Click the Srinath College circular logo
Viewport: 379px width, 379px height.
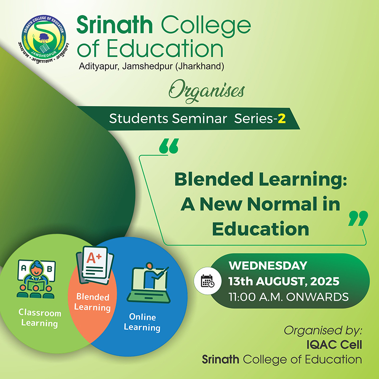44,38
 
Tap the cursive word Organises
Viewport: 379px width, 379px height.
207,91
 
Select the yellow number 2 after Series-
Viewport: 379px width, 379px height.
282,119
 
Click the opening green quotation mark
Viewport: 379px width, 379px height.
169,146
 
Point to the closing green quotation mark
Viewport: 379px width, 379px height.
358,218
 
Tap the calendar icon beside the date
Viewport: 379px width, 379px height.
208,281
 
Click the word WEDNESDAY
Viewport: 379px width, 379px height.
268,266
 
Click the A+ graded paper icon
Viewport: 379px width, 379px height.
95,265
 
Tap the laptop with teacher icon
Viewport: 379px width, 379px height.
149,283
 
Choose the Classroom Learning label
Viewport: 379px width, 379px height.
40,318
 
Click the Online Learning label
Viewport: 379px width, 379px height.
142,322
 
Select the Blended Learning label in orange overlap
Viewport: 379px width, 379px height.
92,302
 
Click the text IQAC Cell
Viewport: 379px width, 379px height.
334,345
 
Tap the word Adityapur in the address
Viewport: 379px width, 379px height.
99,66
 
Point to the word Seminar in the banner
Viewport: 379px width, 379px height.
200,119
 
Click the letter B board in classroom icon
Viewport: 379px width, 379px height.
50,269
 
